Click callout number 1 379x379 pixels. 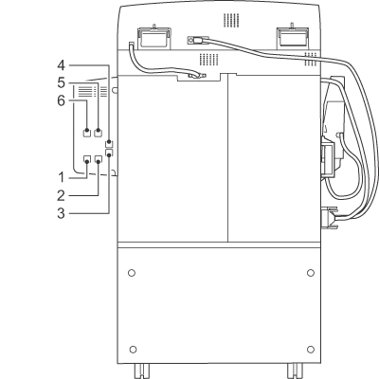(x=61, y=177)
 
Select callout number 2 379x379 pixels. (x=61, y=196)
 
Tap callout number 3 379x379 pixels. (x=61, y=213)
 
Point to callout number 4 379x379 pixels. (x=61, y=65)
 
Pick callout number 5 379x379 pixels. (x=61, y=83)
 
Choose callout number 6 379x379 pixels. (x=61, y=101)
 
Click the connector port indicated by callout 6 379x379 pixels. (x=86, y=133)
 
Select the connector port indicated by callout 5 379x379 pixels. (x=99, y=133)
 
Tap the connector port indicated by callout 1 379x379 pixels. (x=87, y=159)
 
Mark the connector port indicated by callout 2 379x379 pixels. (x=99, y=159)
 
